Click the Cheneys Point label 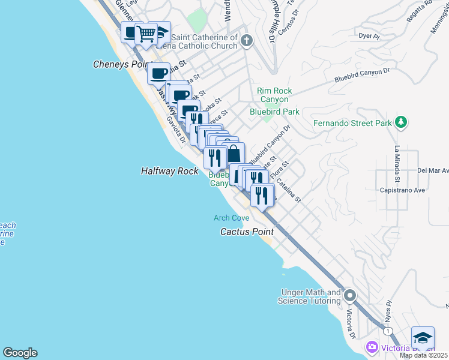(x=121, y=64)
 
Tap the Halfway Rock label (x=169, y=171)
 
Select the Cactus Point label (x=247, y=231)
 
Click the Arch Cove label (x=231, y=218)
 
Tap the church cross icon (x=247, y=41)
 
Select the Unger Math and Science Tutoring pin (x=351, y=295)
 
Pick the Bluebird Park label (x=274, y=112)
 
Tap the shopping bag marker (x=234, y=154)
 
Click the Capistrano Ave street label (x=403, y=191)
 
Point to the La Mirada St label (x=397, y=164)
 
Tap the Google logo (x=20, y=353)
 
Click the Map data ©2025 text (x=423, y=355)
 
